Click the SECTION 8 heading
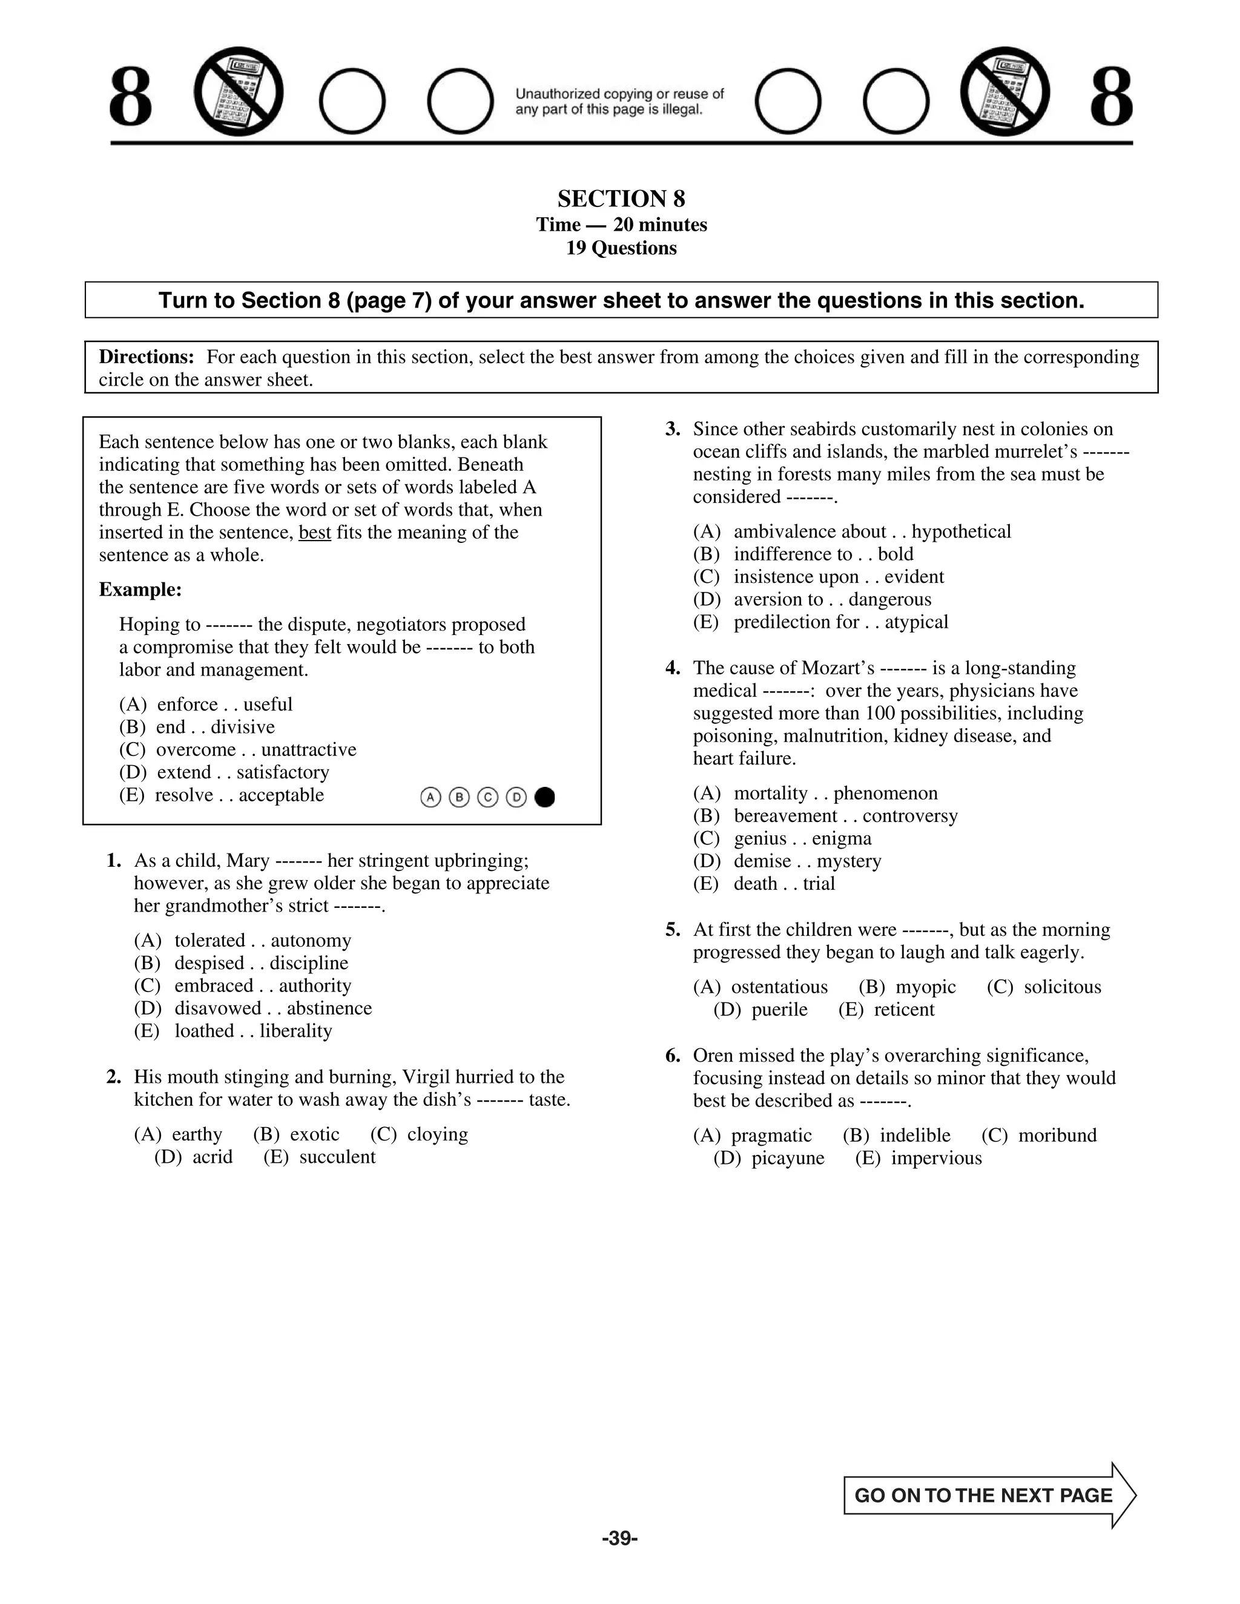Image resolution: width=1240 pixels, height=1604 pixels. (x=621, y=199)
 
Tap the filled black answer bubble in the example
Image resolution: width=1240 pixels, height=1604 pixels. (x=545, y=797)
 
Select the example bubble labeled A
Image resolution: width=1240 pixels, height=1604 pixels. (x=430, y=797)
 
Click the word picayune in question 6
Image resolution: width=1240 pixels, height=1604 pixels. (x=788, y=1158)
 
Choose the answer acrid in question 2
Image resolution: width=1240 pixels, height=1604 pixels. (x=213, y=1157)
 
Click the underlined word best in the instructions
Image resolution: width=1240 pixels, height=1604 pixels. (x=314, y=533)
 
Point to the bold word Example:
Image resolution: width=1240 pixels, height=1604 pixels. (x=140, y=590)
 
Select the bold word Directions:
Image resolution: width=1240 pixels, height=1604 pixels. (x=146, y=357)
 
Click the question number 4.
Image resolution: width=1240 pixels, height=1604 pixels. (x=673, y=668)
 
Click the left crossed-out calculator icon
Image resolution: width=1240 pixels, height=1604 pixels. (x=238, y=92)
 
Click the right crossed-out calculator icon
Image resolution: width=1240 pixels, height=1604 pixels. (x=1005, y=92)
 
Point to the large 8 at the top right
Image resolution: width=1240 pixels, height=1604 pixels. (x=1110, y=97)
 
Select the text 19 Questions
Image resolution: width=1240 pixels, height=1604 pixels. (x=621, y=248)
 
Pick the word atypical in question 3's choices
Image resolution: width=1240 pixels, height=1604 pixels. (x=916, y=622)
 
